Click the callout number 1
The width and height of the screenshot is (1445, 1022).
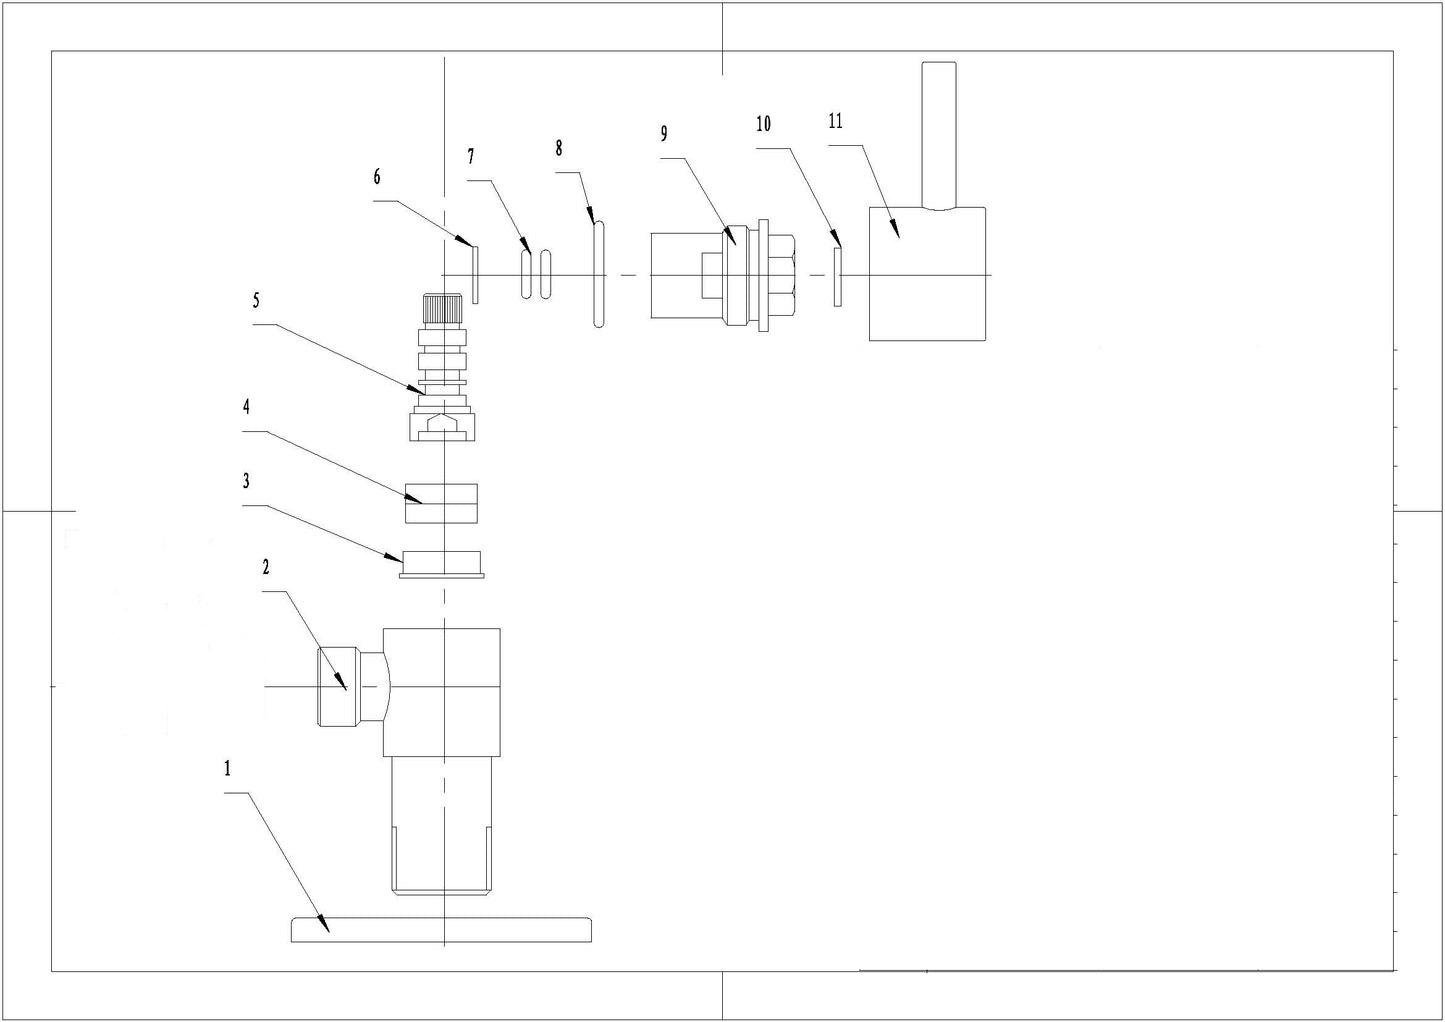[227, 768]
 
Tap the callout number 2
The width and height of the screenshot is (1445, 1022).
[265, 567]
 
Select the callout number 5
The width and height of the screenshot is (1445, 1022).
[256, 300]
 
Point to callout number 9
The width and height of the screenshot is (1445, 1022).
[664, 134]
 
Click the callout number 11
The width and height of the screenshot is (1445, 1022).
[835, 121]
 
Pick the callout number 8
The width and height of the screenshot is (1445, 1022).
[559, 148]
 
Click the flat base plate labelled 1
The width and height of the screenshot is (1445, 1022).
[441, 930]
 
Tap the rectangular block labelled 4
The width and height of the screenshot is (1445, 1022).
[441, 503]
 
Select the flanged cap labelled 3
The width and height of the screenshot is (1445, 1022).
[441, 565]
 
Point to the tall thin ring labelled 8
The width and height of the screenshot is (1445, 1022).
[599, 275]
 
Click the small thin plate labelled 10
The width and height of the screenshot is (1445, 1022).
[837, 277]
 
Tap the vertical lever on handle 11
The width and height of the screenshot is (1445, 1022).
[939, 135]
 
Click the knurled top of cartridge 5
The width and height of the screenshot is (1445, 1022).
[442, 311]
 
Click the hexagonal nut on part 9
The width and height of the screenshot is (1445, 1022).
[783, 276]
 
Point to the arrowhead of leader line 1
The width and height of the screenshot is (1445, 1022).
[324, 925]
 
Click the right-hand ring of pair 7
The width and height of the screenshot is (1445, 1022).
[546, 275]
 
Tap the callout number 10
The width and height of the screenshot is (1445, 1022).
[764, 124]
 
